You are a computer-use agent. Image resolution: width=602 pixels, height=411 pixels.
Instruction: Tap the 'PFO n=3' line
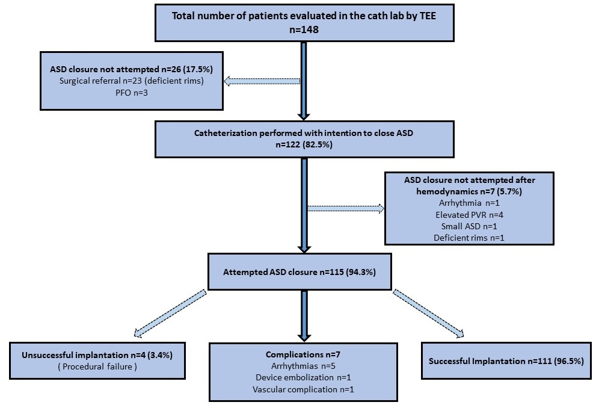[x=132, y=93]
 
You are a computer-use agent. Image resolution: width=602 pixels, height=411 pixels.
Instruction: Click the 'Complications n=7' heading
[x=303, y=354]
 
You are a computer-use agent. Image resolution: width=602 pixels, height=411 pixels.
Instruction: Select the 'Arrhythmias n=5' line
[x=303, y=366]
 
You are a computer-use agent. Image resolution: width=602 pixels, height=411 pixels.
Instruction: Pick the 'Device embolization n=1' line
[x=303, y=377]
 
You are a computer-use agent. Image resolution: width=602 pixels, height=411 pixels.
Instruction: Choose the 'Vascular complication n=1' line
[x=303, y=389]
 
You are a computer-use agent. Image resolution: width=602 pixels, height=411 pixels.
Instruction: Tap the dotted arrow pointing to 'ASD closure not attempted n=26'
[x=262, y=81]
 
